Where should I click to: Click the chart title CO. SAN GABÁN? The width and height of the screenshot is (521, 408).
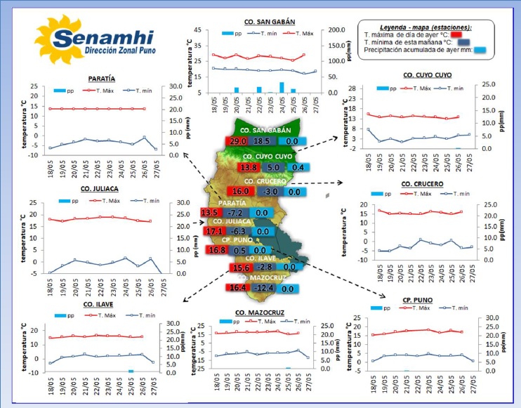[269, 22]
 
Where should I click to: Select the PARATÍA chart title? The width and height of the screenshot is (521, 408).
[102, 79]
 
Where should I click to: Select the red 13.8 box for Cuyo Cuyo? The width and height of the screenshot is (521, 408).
[249, 168]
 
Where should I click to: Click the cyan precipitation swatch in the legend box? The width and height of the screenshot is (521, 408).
[480, 50]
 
